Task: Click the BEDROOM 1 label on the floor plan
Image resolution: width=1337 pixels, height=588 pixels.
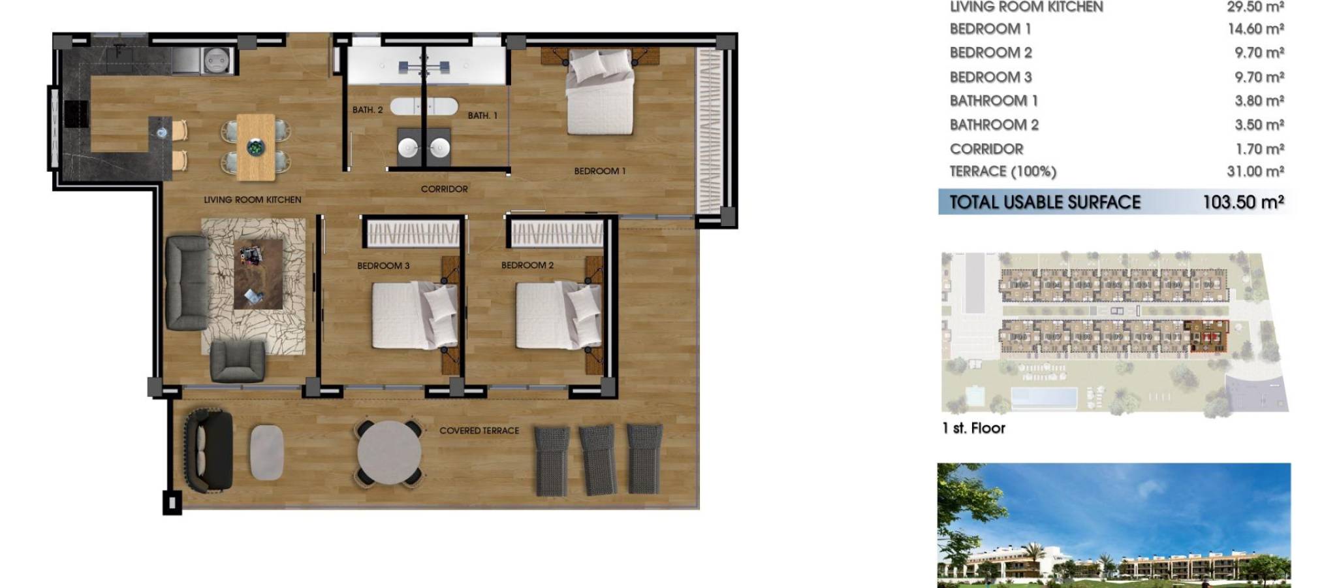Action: (x=599, y=171)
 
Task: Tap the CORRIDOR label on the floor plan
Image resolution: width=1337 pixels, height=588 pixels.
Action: (x=444, y=189)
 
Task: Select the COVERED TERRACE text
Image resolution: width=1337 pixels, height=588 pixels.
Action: (x=479, y=431)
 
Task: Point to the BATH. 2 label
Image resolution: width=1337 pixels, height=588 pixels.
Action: (x=368, y=110)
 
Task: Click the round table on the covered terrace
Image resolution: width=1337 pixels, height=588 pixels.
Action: (x=389, y=453)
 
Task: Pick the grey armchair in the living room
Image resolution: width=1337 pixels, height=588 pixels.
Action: (x=238, y=361)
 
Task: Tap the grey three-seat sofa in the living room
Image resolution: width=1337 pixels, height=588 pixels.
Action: (x=186, y=282)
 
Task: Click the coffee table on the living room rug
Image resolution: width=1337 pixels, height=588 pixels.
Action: (x=258, y=274)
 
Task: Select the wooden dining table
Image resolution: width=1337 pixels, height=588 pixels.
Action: (x=256, y=147)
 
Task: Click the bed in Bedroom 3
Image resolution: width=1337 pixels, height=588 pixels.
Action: (x=415, y=315)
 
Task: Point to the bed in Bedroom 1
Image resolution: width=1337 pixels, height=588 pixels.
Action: (x=599, y=93)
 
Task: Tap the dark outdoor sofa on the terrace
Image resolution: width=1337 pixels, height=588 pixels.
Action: (x=208, y=450)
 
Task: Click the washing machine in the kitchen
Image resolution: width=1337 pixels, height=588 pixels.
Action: (x=215, y=60)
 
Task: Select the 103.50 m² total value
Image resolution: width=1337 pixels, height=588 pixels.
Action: (x=1243, y=202)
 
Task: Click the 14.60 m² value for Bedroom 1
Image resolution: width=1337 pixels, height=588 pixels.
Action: (x=1255, y=29)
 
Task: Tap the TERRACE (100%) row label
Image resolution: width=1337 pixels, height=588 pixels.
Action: (x=1003, y=172)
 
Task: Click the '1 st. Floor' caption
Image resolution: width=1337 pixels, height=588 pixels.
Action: (x=973, y=428)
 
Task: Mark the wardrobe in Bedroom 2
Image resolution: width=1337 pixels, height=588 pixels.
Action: (x=558, y=233)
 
